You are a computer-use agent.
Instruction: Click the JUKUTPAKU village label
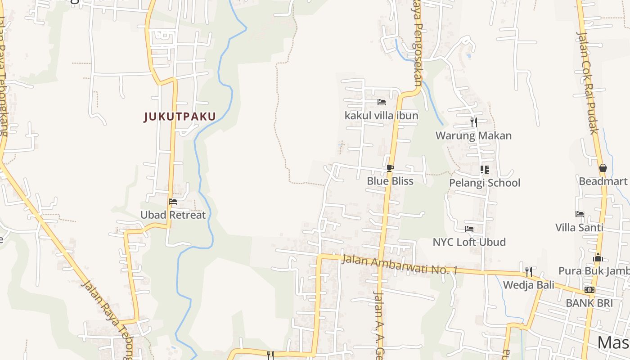click(x=180, y=117)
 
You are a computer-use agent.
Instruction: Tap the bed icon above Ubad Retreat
click(x=173, y=202)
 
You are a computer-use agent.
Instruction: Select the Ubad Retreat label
click(x=173, y=215)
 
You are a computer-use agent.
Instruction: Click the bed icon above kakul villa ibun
click(x=382, y=102)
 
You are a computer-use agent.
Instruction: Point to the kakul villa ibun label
click(x=381, y=116)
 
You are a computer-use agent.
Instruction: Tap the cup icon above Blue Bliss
click(x=390, y=168)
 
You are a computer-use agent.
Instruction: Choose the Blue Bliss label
click(x=390, y=181)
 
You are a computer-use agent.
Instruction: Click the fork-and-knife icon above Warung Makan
click(x=473, y=122)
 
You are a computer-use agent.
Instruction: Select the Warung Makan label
click(x=473, y=135)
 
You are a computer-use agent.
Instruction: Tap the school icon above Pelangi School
click(x=484, y=170)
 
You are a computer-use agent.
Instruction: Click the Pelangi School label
click(x=484, y=183)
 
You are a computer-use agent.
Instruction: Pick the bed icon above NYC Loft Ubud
click(x=469, y=229)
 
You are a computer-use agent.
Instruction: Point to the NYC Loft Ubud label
click(x=469, y=242)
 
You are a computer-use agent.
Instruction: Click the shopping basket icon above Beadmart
click(x=603, y=168)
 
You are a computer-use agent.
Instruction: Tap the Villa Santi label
click(x=579, y=227)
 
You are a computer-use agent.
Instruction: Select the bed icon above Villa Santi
click(x=580, y=214)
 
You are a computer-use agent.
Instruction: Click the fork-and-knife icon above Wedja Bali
click(x=529, y=271)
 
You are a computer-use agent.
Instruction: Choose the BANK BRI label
click(x=589, y=303)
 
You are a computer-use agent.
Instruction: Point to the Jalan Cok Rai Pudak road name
click(x=588, y=83)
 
